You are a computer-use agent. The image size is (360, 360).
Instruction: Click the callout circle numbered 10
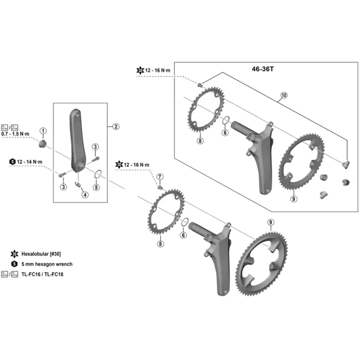click(283, 95)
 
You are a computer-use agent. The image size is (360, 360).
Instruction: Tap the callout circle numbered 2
click(116, 127)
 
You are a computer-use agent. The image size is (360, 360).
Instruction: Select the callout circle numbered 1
click(44, 131)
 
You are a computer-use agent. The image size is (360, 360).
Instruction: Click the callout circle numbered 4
click(85, 194)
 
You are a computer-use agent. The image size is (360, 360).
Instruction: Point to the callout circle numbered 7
click(160, 176)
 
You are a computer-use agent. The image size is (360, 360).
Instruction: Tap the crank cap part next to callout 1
click(43, 144)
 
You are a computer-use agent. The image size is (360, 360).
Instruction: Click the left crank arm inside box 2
click(77, 139)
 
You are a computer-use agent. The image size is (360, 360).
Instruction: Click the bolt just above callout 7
click(160, 185)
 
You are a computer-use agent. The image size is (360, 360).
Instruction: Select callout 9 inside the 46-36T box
click(293, 198)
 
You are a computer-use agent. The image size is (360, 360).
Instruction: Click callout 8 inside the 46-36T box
click(200, 141)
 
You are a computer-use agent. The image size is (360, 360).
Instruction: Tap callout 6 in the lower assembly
click(183, 235)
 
